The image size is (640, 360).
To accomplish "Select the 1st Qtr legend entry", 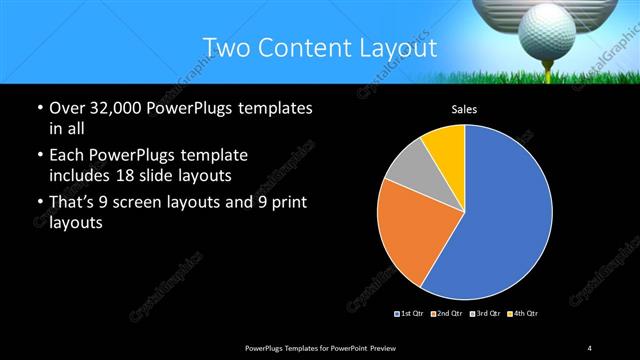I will [x=410, y=314].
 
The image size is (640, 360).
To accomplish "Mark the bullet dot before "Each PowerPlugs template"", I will [x=39, y=156].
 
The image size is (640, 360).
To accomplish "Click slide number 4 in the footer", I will [x=590, y=347].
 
